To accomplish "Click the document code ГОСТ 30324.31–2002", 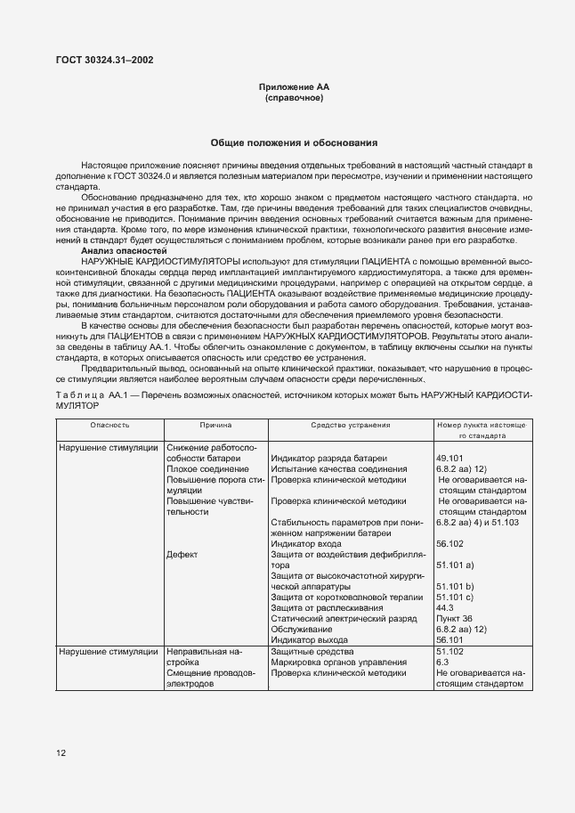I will click(103, 61).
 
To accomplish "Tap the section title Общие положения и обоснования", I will click(294, 142).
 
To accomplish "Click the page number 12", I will click(61, 753).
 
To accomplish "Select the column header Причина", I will click(215, 426).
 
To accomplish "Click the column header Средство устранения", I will click(350, 426).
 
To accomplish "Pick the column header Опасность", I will click(109, 426).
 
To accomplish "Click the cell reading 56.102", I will click(452, 543).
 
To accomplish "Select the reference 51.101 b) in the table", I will click(455, 586).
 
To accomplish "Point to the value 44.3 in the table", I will click(445, 607).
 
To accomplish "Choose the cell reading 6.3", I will click(442, 663).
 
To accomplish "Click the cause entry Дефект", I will click(182, 554).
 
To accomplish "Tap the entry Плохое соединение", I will click(207, 468).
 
